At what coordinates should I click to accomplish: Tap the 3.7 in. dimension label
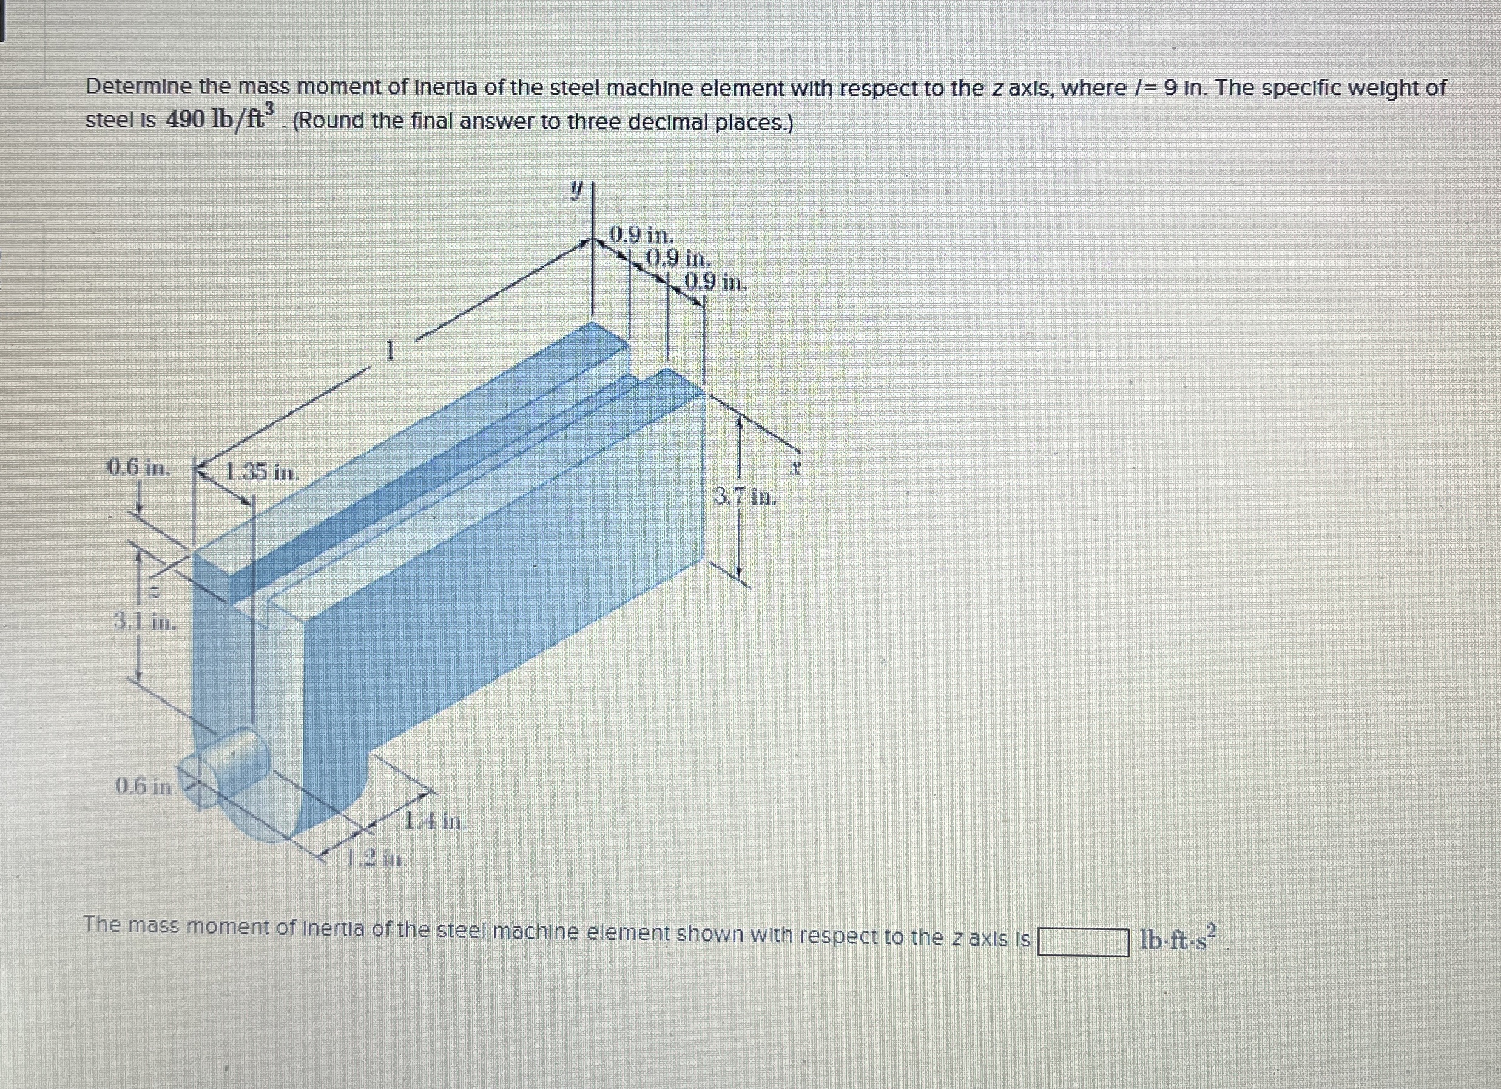point(744,496)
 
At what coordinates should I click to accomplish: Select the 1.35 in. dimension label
point(261,473)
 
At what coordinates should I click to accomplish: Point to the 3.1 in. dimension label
point(145,622)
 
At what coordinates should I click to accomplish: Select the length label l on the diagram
point(391,350)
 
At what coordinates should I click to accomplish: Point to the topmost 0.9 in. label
point(641,235)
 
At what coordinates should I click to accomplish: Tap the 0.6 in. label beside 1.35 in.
point(138,468)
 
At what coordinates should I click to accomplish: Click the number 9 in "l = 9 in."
point(1170,87)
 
